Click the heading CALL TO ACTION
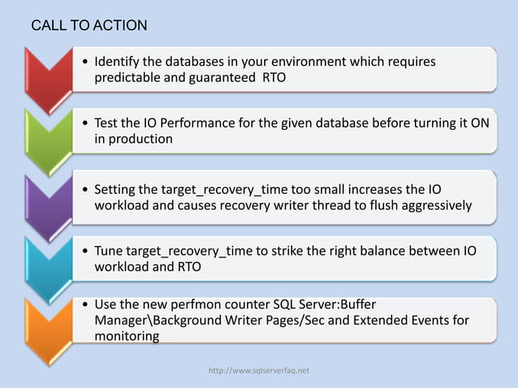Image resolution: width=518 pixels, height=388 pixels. [x=89, y=26]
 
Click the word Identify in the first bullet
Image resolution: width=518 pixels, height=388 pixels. [x=119, y=62]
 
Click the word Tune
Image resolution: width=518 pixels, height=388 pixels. [x=110, y=251]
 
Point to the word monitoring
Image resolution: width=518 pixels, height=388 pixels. [x=127, y=335]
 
